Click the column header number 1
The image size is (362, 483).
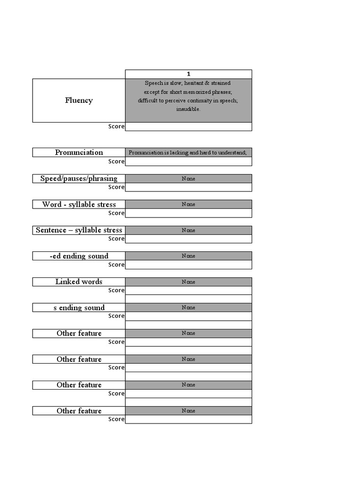189,74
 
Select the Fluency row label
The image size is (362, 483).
79,100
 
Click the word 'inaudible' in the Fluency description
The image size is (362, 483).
189,109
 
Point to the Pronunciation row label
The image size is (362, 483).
79,152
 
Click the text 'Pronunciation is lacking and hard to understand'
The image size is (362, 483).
188,153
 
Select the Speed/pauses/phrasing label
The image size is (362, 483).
79,178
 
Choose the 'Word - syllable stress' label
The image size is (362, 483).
79,204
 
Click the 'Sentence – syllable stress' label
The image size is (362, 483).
79,230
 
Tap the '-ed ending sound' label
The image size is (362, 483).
79,256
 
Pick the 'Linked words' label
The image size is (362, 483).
79,282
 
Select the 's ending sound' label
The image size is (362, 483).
79,308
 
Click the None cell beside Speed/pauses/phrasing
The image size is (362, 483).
189,179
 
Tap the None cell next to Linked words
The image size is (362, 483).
189,282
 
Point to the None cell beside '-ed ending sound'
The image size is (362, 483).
189,256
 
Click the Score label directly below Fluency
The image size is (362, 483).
116,126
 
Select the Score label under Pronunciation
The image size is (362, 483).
116,161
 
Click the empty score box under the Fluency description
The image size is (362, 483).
189,126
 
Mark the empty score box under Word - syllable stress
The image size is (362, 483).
189,213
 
